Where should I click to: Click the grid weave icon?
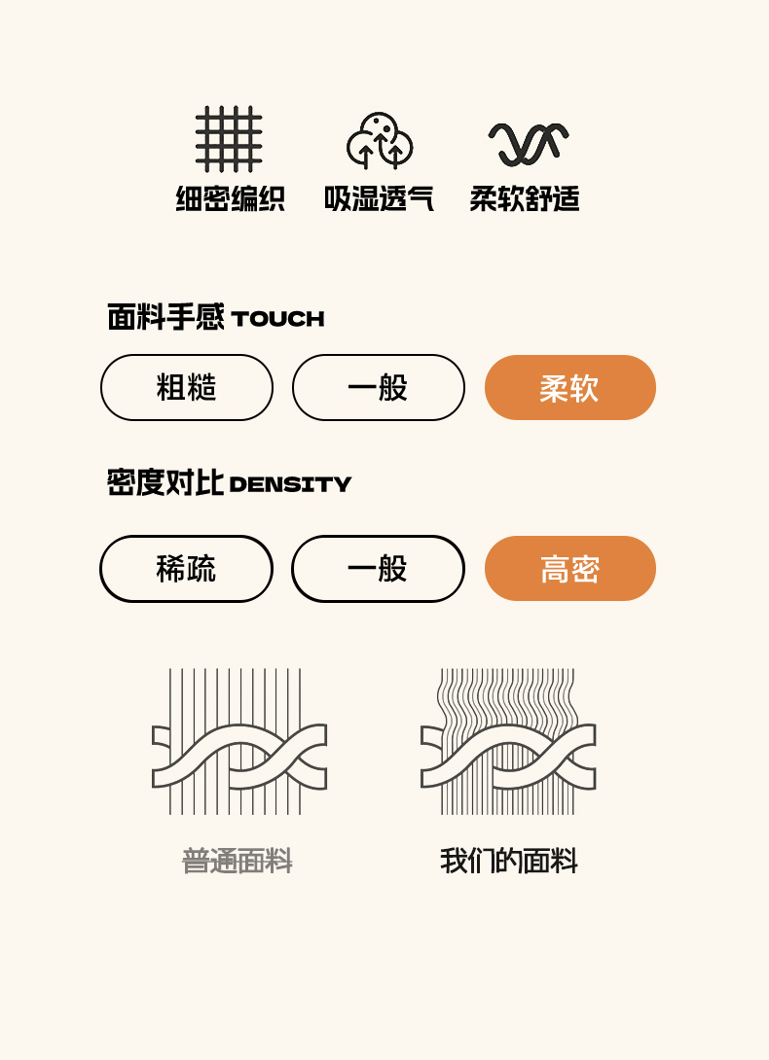(x=229, y=139)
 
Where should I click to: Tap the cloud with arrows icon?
(x=380, y=140)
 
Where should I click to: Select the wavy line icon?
(x=528, y=144)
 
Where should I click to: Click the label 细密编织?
(x=230, y=198)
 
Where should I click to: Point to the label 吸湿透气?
(x=379, y=198)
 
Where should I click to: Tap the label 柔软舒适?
(x=525, y=198)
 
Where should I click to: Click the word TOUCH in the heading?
(x=277, y=318)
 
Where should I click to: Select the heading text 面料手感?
(x=165, y=316)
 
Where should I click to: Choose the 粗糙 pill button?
(x=187, y=387)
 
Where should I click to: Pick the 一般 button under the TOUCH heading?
(x=379, y=387)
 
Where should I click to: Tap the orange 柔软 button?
(x=570, y=387)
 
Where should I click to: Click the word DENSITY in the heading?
(x=290, y=484)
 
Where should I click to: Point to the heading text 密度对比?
(x=165, y=482)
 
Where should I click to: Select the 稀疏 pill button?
(x=186, y=569)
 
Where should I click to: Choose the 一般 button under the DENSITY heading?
(x=378, y=569)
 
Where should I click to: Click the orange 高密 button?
(x=570, y=569)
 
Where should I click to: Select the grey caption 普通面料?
(x=238, y=862)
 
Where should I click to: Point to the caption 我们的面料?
(x=509, y=862)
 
